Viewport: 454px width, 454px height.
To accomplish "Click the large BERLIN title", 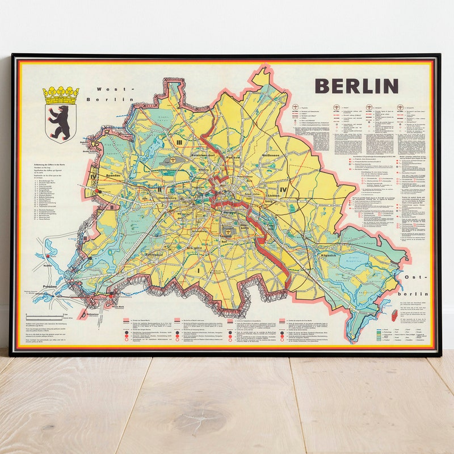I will pyautogui.click(x=356, y=86).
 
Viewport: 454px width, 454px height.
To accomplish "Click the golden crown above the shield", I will pyautogui.click(x=60, y=95).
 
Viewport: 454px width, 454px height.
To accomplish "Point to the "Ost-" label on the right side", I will pyautogui.click(x=415, y=277).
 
